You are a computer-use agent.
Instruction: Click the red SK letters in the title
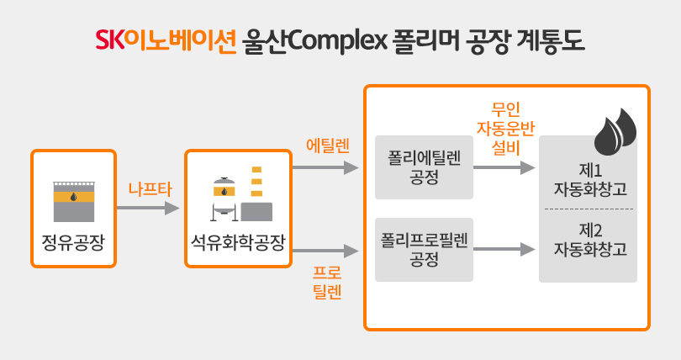point(109,40)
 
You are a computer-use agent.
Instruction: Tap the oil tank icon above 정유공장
point(74,202)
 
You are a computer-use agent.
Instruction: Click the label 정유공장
point(73,242)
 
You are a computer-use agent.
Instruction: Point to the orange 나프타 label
point(150,189)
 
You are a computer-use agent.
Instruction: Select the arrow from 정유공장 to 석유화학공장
point(148,208)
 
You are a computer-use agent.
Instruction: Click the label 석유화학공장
point(238,242)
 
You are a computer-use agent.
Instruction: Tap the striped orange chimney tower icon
point(256,182)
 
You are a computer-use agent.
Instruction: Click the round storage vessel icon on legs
point(224,199)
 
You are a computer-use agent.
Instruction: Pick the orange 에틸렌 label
point(328,146)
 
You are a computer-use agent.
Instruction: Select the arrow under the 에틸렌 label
point(325,167)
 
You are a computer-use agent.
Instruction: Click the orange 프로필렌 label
point(327,283)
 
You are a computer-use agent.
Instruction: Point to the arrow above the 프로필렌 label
point(325,251)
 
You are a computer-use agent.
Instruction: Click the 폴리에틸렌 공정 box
point(424,167)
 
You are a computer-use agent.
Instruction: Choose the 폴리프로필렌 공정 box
point(424,250)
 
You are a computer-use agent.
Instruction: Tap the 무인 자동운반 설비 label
point(505,129)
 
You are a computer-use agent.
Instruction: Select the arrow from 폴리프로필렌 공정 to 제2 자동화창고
point(504,249)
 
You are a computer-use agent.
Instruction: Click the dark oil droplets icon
point(615,131)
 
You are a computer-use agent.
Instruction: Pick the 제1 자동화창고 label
point(590,179)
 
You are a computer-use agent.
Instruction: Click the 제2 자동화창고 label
point(590,240)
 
